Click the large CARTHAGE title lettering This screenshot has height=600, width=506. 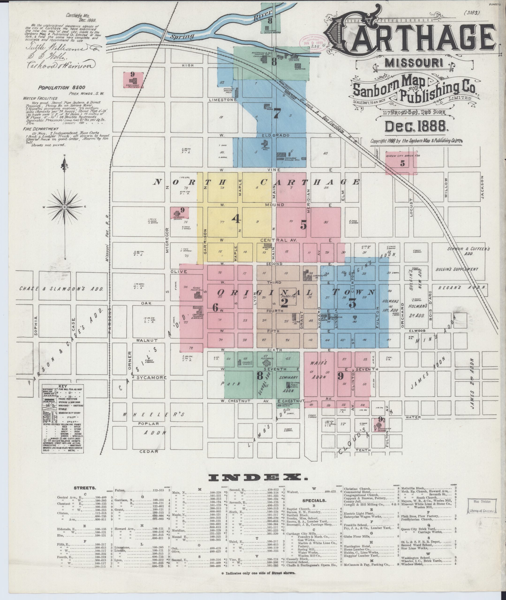(x=413, y=40)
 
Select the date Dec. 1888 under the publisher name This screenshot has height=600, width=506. (x=415, y=126)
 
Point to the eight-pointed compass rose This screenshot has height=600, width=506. (x=65, y=207)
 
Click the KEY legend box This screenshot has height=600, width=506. (x=63, y=418)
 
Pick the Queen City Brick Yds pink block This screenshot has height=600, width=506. (x=401, y=162)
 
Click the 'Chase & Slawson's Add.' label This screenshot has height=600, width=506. (x=61, y=289)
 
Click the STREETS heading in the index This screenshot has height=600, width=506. (x=85, y=488)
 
